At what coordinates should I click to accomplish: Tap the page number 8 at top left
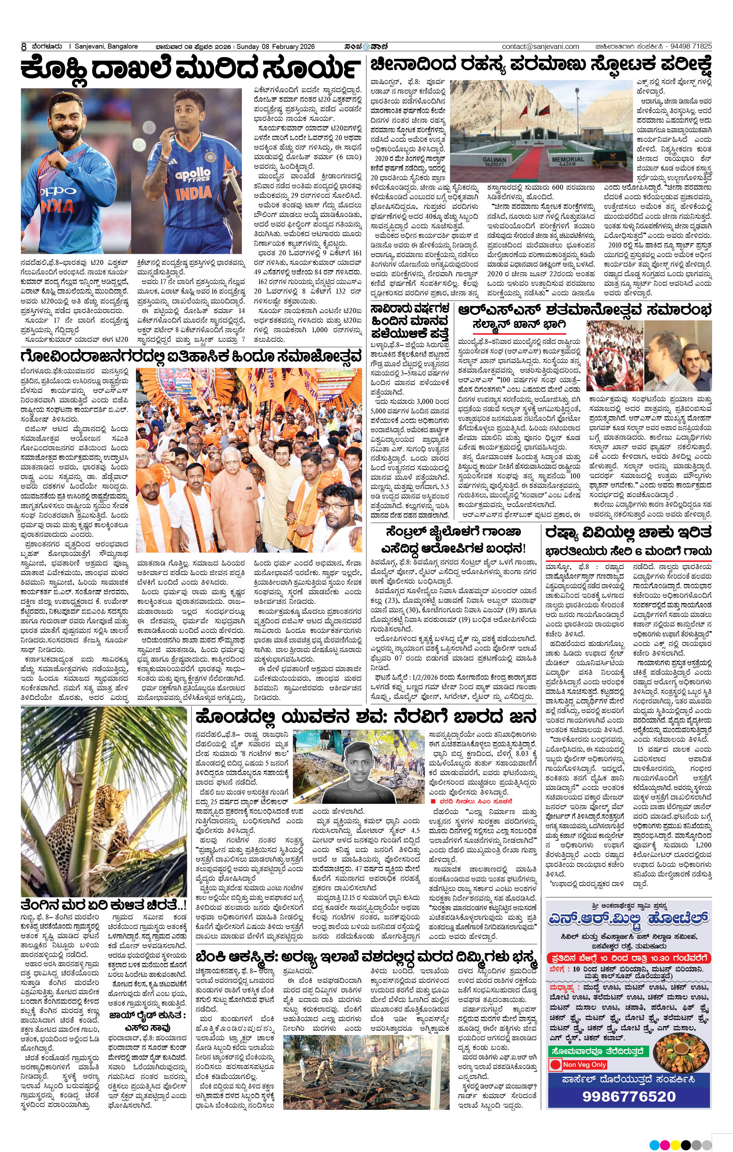click(x=23, y=47)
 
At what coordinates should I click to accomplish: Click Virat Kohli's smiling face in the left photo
click(x=72, y=126)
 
